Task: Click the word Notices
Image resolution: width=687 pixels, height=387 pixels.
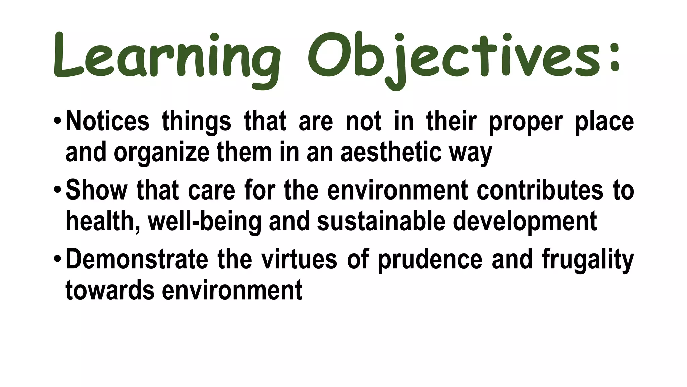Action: [107, 121]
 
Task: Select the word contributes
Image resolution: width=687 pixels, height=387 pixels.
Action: [540, 190]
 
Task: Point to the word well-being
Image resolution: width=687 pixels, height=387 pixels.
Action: [204, 221]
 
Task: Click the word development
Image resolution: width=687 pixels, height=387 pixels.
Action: [525, 222]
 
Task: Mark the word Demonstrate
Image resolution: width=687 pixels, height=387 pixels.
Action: [137, 259]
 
